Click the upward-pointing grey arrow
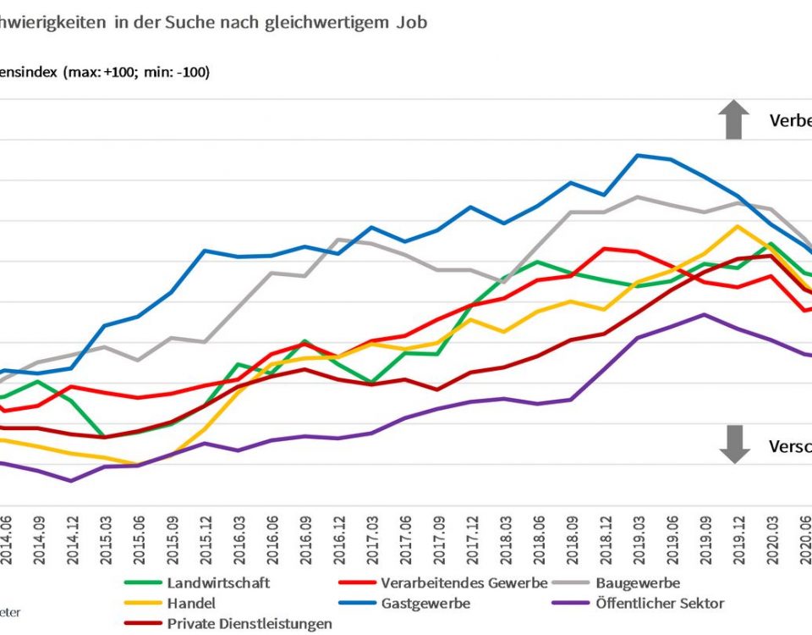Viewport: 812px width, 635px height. pyautogui.click(x=734, y=119)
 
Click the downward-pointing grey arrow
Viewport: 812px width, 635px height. pyautogui.click(x=734, y=444)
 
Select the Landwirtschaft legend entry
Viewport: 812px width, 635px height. pyautogui.click(x=218, y=583)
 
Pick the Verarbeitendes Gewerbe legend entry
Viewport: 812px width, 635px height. pyautogui.click(x=464, y=583)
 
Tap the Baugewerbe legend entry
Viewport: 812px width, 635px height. pyautogui.click(x=638, y=583)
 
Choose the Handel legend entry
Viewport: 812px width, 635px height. pyautogui.click(x=191, y=604)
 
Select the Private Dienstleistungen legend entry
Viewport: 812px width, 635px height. pyautogui.click(x=250, y=624)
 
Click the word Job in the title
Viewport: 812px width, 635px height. pyautogui.click(x=411, y=23)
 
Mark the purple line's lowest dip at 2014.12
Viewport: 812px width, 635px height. pyautogui.click(x=70, y=481)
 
